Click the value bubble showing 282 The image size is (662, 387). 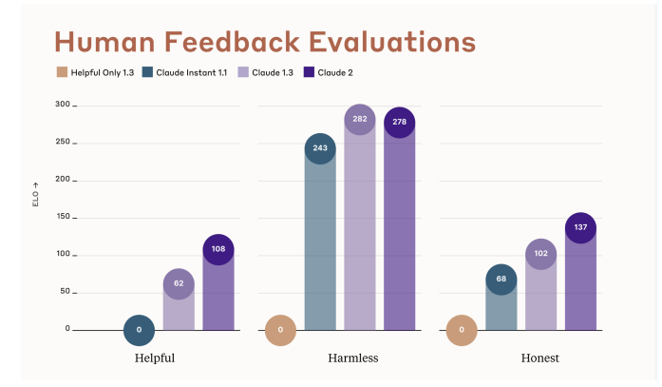click(x=360, y=119)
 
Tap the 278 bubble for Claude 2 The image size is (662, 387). click(x=400, y=123)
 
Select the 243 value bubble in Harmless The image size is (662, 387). click(x=320, y=148)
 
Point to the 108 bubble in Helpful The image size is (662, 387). click(x=218, y=249)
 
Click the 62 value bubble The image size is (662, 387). click(x=179, y=283)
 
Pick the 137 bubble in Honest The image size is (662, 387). click(x=581, y=228)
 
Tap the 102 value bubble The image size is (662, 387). click(x=541, y=254)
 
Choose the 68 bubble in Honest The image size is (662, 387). click(x=501, y=280)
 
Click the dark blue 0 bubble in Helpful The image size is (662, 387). click(x=139, y=330)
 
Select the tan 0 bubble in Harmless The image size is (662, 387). click(x=280, y=330)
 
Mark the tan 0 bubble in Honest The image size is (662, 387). click(x=462, y=330)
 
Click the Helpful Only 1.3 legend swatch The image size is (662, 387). click(x=62, y=72)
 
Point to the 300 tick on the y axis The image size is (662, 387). click(x=62, y=105)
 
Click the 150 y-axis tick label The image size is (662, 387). click(x=62, y=217)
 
